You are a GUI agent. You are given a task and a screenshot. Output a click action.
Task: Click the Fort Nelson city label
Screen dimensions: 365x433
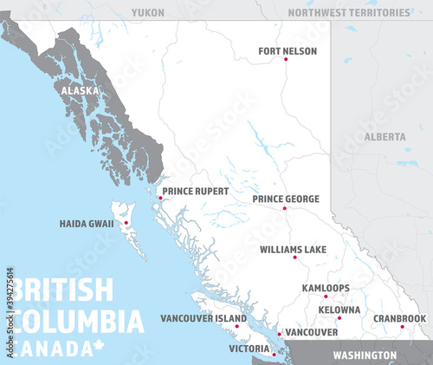click(288, 51)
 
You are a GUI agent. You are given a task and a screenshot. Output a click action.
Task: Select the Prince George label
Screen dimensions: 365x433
click(286, 199)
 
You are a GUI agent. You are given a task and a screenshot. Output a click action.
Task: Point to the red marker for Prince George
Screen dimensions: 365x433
click(284, 208)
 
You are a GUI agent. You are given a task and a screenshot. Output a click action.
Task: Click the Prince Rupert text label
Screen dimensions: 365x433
click(196, 191)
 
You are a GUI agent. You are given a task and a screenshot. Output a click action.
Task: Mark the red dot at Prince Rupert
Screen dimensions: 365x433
click(160, 198)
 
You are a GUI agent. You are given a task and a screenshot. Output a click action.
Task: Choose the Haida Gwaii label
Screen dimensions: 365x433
click(87, 224)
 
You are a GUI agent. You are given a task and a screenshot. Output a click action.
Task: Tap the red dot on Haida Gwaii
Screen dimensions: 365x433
click(126, 223)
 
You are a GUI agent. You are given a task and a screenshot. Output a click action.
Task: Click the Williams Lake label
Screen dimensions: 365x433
click(293, 250)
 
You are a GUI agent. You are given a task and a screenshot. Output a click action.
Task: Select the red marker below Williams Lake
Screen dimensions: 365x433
click(294, 257)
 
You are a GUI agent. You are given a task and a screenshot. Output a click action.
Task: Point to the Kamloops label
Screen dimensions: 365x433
click(326, 288)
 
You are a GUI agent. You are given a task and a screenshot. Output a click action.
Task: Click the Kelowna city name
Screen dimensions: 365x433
click(339, 310)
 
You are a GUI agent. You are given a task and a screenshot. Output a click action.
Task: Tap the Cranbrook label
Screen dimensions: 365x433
click(400, 318)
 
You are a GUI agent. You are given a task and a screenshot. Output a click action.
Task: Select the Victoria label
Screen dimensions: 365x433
click(249, 349)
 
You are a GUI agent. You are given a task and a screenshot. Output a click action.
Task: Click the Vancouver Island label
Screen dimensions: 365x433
click(204, 318)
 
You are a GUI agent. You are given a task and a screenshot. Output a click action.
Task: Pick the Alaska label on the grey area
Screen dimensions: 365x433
click(80, 89)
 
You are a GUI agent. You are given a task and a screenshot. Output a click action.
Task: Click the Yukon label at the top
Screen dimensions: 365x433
click(148, 12)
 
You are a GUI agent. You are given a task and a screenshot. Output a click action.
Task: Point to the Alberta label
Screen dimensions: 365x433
click(385, 137)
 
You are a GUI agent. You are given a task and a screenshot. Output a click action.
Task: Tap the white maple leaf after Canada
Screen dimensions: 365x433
click(97, 348)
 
